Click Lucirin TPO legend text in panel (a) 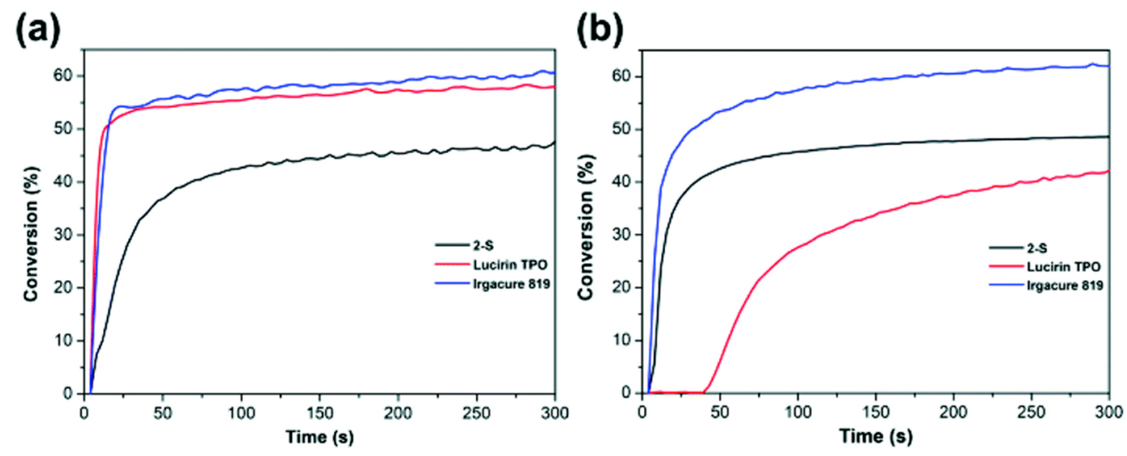510,265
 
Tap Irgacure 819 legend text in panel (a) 511,284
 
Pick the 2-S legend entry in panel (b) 1037,248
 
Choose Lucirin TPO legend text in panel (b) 1064,267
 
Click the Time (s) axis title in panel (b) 876,437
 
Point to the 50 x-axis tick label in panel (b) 720,413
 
